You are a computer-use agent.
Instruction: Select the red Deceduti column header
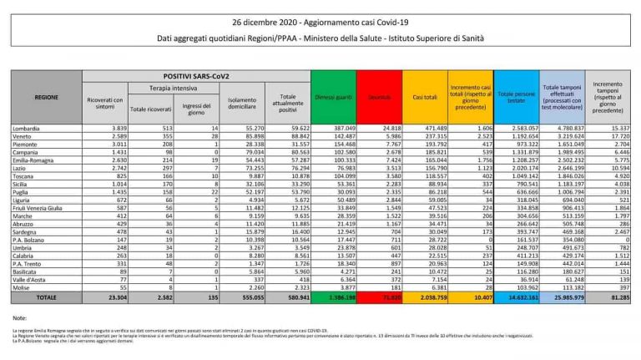[x=380, y=98]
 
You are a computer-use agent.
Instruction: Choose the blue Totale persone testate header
[x=516, y=98]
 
